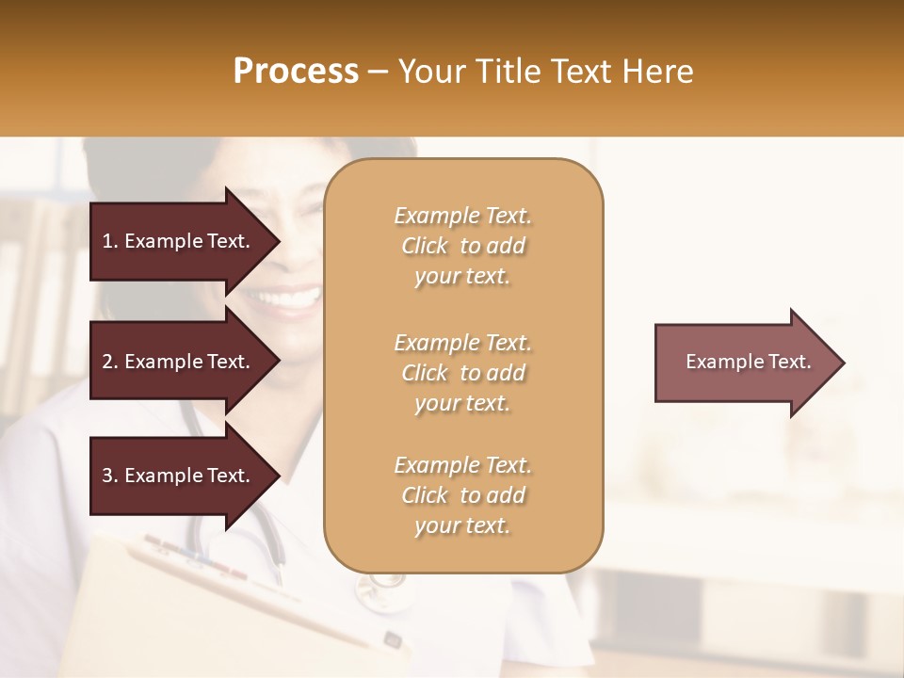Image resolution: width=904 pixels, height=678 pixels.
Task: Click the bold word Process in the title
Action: pyautogui.click(x=296, y=72)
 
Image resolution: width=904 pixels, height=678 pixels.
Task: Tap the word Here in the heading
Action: pyautogui.click(x=655, y=72)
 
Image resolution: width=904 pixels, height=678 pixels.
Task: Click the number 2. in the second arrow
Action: pyautogui.click(x=110, y=362)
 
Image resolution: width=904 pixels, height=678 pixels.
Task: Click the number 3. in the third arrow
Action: pyautogui.click(x=110, y=476)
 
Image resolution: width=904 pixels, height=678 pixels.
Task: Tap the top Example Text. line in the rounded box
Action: pyautogui.click(x=462, y=216)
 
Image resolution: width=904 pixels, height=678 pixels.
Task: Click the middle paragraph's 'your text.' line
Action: pyautogui.click(x=462, y=403)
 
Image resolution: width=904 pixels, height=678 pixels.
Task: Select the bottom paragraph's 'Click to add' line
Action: pyautogui.click(x=462, y=495)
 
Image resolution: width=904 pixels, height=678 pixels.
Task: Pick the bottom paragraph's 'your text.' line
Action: pyautogui.click(x=462, y=525)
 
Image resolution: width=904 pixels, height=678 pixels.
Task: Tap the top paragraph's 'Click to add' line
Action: pyautogui.click(x=462, y=246)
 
